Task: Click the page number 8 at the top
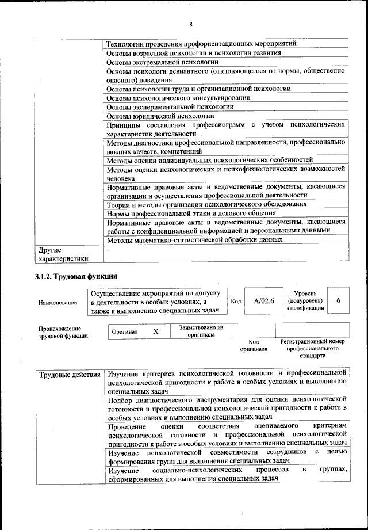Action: click(x=190, y=24)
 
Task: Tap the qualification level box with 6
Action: click(x=338, y=301)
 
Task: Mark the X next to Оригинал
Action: click(x=155, y=332)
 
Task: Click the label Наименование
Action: click(x=57, y=302)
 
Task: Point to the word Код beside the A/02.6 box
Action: click(x=236, y=301)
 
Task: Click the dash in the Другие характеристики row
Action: click(x=108, y=250)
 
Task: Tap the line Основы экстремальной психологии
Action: click(x=163, y=62)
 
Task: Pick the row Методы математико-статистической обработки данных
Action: click(x=194, y=239)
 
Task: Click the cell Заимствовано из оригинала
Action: click(x=201, y=331)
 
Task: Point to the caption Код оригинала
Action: click(x=254, y=345)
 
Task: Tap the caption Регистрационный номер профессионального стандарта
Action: click(x=312, y=348)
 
